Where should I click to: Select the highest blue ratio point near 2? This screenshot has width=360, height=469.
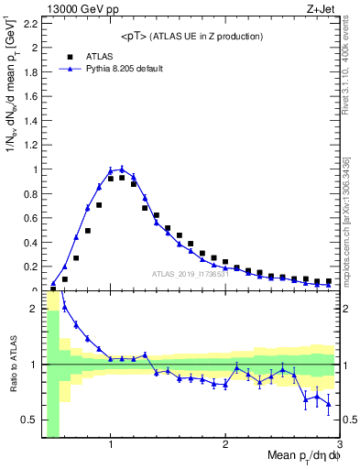65,307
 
